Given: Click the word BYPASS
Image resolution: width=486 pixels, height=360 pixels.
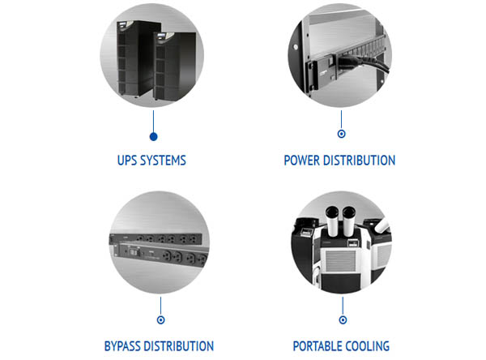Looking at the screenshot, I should (124, 346).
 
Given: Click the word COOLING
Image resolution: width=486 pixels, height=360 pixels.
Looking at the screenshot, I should (368, 346).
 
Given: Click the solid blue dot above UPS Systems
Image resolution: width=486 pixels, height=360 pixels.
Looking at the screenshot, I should (153, 136).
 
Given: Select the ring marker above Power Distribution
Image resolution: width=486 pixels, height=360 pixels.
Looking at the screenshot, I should (341, 135).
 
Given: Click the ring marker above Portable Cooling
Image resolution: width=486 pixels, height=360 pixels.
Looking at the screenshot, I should (341, 308).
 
